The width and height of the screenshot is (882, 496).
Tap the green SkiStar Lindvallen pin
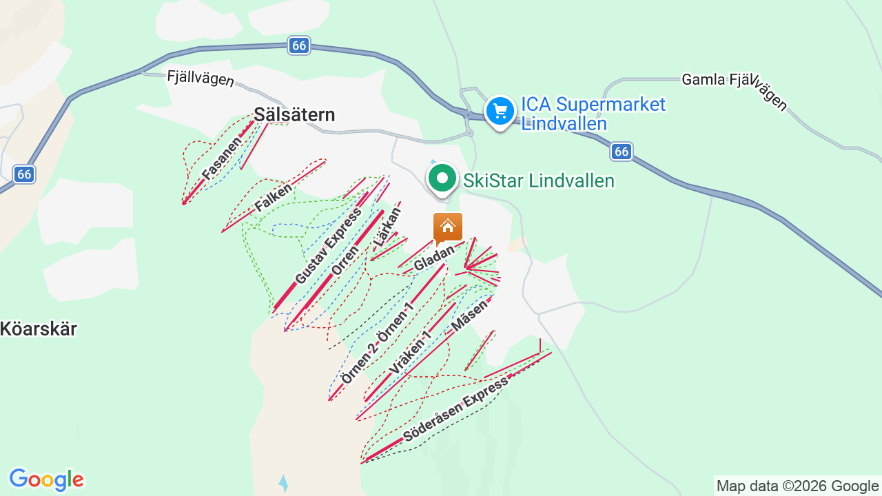pos(442,179)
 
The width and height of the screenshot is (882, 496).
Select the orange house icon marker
pos(448,227)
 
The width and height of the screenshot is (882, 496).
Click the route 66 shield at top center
pos(299,45)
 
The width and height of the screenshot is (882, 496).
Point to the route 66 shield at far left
pos(24,174)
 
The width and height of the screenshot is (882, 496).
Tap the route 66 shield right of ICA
pos(622,152)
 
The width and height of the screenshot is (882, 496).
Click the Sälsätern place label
pos(294,114)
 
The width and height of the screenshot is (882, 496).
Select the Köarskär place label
pos(39,329)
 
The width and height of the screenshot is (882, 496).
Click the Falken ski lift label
pos(273,197)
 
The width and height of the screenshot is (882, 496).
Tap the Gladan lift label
pos(434,258)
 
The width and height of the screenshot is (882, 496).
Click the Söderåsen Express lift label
pos(455,409)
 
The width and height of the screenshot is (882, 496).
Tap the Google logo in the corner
pos(46,479)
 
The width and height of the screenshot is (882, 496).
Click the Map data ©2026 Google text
pos(797,486)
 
